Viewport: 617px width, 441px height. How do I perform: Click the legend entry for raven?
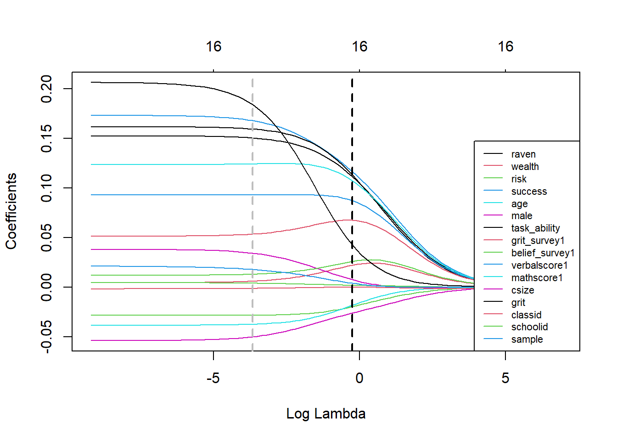point(523,154)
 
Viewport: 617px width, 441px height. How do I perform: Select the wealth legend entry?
point(525,167)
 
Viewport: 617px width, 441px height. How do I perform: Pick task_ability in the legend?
point(535,228)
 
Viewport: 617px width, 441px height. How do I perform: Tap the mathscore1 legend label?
point(537,278)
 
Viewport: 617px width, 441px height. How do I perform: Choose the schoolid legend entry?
point(529,327)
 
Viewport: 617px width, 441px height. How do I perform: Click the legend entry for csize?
point(522,290)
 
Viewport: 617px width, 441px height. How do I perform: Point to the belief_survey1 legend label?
point(543,253)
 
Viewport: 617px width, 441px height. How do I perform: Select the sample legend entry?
point(527,339)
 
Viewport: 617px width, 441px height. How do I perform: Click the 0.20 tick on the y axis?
point(46,89)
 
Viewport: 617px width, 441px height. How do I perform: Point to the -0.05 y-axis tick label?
point(46,337)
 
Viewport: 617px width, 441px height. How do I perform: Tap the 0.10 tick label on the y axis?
point(46,188)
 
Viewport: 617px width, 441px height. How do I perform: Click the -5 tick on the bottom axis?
point(213,378)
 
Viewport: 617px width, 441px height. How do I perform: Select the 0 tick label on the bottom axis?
point(359,378)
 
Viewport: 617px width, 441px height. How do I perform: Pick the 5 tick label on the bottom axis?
point(505,378)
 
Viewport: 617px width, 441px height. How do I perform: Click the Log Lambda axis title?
point(326,413)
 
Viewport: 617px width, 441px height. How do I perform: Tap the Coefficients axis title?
point(11,211)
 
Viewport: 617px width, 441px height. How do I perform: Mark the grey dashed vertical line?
point(252,207)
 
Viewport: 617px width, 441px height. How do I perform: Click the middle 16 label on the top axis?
point(359,46)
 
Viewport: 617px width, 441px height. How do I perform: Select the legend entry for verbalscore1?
point(539,266)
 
